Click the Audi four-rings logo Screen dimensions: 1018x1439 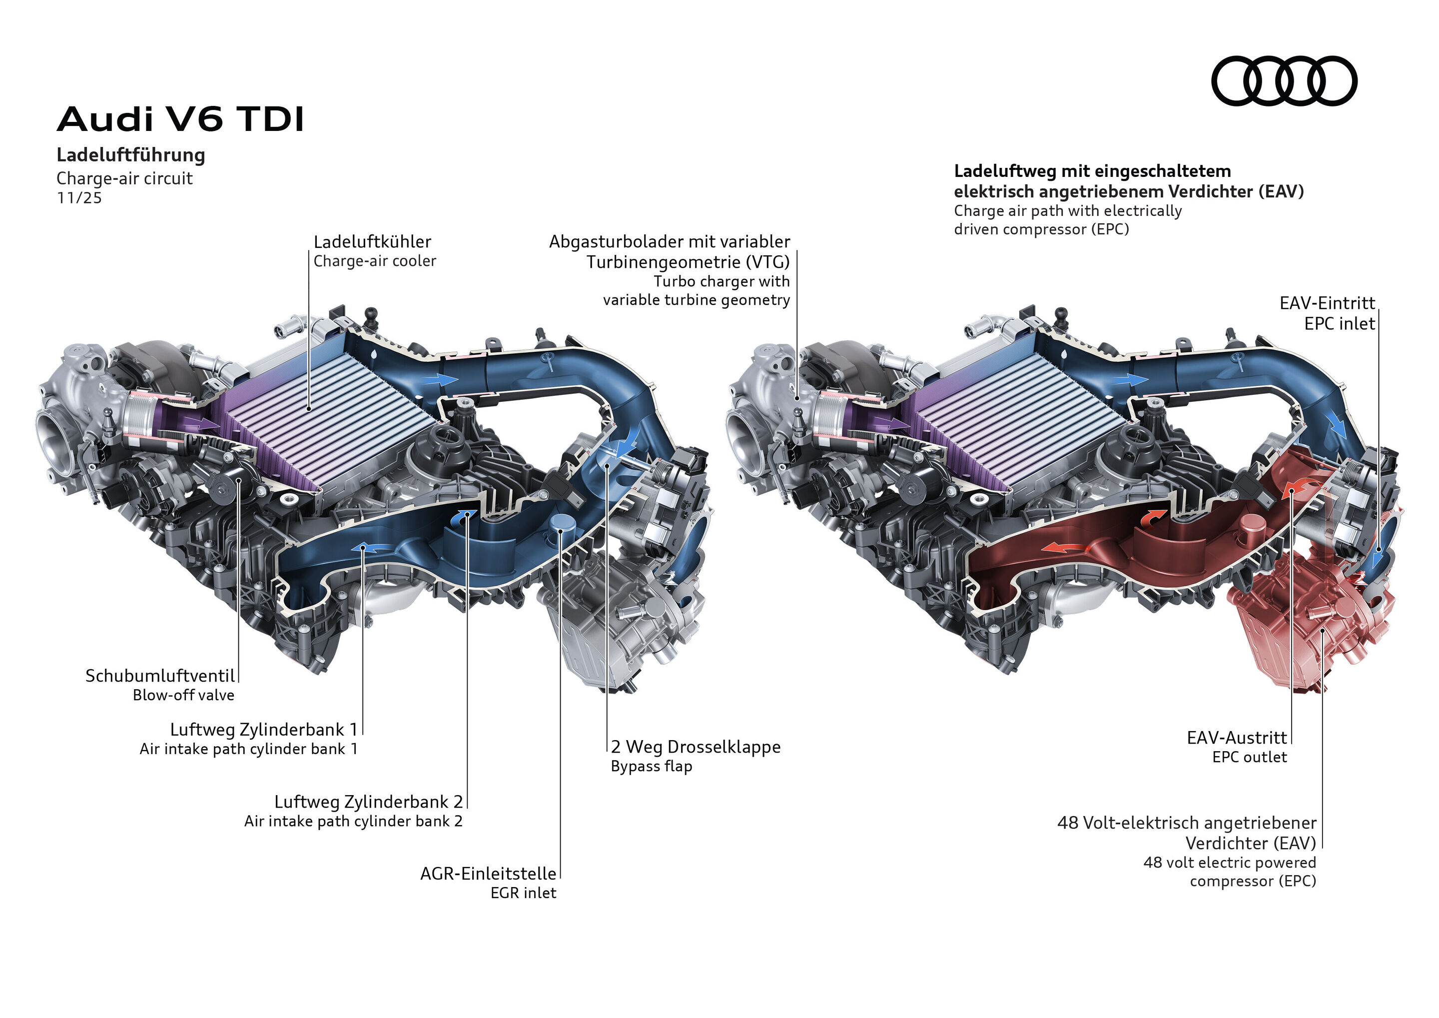(x=1284, y=81)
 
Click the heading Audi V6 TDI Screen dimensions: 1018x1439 (x=180, y=119)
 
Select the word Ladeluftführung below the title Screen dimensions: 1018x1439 (x=130, y=155)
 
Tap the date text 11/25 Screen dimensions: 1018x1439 (x=79, y=198)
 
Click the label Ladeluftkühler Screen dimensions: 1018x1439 (x=372, y=241)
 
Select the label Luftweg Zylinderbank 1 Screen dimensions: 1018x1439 (x=263, y=729)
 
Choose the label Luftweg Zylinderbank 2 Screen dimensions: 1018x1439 (x=368, y=801)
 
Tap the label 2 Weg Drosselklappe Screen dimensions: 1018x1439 (x=696, y=747)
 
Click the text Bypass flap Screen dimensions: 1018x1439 (x=651, y=766)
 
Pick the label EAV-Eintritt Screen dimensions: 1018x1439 (x=1327, y=303)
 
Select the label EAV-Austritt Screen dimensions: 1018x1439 (x=1237, y=737)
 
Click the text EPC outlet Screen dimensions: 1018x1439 (x=1249, y=757)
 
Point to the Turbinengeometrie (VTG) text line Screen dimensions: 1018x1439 (x=688, y=262)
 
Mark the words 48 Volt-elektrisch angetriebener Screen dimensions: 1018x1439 (x=1186, y=823)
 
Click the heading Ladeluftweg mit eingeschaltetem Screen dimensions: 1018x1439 (x=1092, y=171)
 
